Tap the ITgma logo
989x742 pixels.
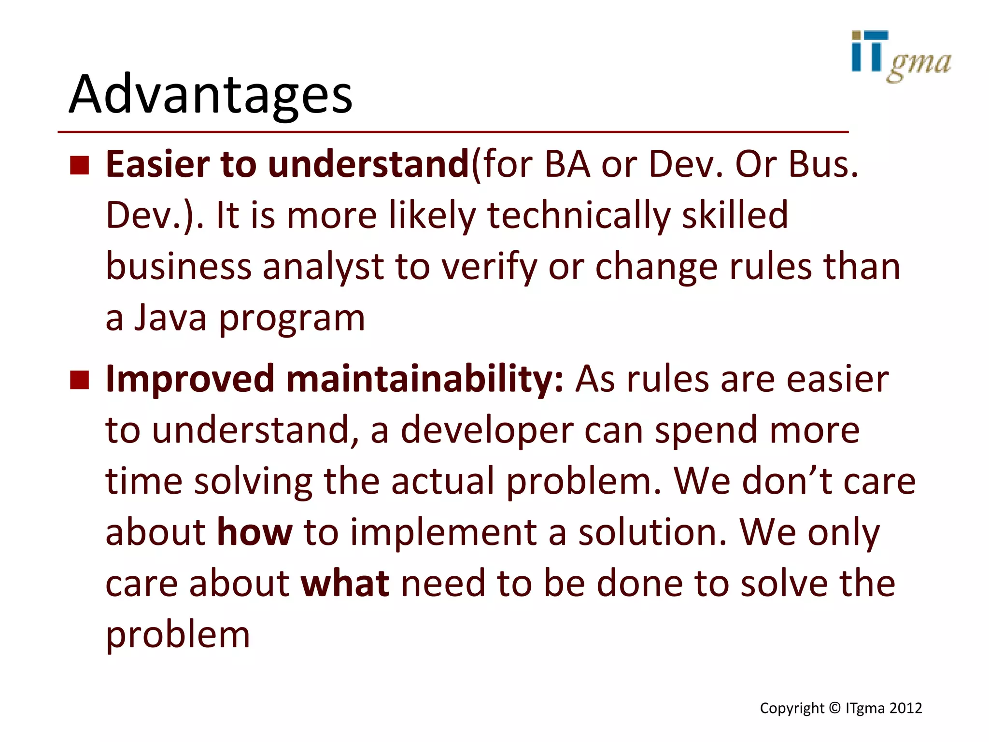click(900, 56)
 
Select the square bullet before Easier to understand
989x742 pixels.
click(80, 165)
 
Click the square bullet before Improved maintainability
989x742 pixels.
click(80, 380)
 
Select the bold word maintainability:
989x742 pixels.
click(425, 380)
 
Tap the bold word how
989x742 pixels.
click(254, 532)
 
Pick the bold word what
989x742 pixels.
click(345, 584)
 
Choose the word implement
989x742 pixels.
click(443, 532)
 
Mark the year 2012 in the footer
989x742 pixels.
click(905, 708)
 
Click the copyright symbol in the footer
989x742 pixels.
click(835, 708)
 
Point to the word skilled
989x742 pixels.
click(735, 216)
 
